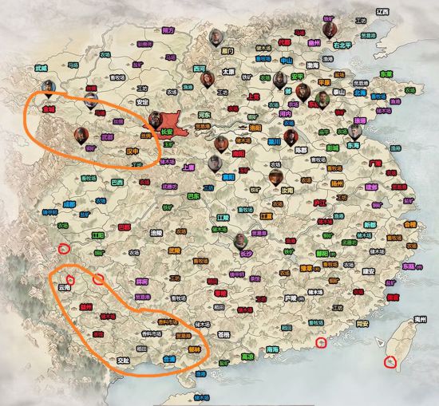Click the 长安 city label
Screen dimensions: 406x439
pyautogui.click(x=167, y=132)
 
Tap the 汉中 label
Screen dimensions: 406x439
pyautogui.click(x=132, y=149)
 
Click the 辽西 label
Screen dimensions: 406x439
pyautogui.click(x=383, y=11)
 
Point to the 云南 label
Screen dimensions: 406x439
pyautogui.click(x=65, y=286)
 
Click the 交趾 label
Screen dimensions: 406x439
pyautogui.click(x=123, y=361)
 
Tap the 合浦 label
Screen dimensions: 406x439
pyautogui.click(x=169, y=360)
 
